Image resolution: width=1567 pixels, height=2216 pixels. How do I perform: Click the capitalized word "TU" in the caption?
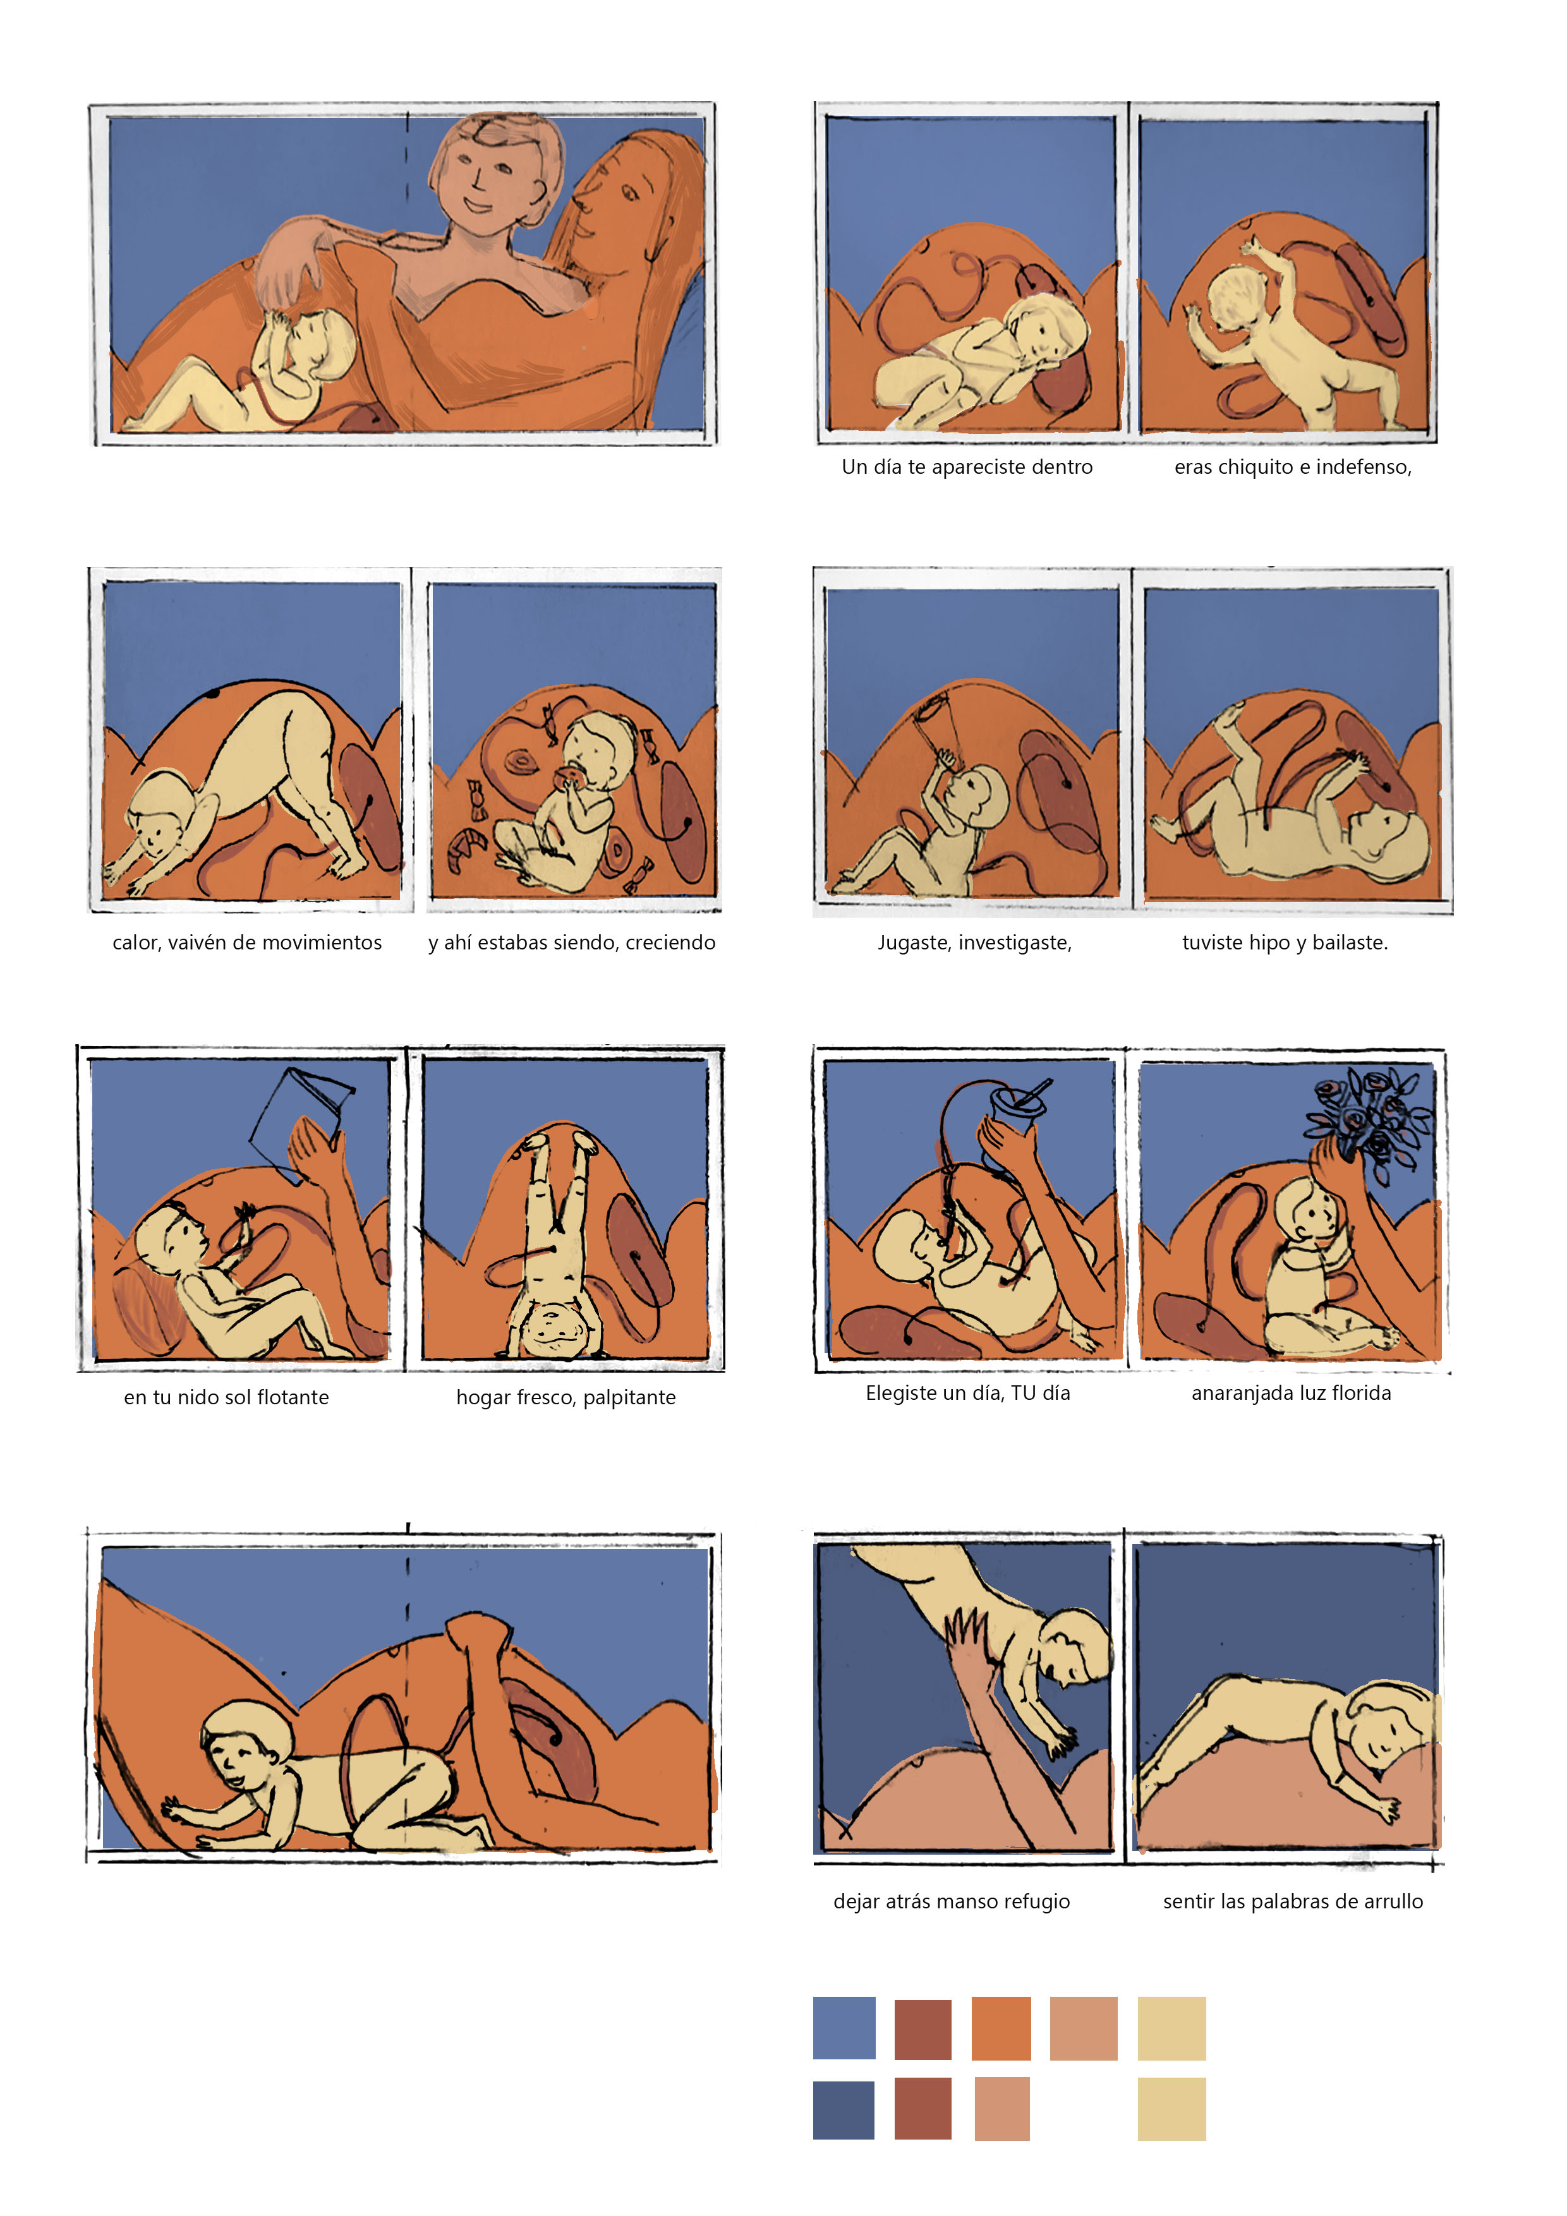[x=1022, y=1393]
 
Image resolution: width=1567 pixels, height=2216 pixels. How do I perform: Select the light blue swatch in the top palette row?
[x=844, y=2028]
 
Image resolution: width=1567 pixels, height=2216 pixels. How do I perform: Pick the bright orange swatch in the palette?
[x=1001, y=2028]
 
